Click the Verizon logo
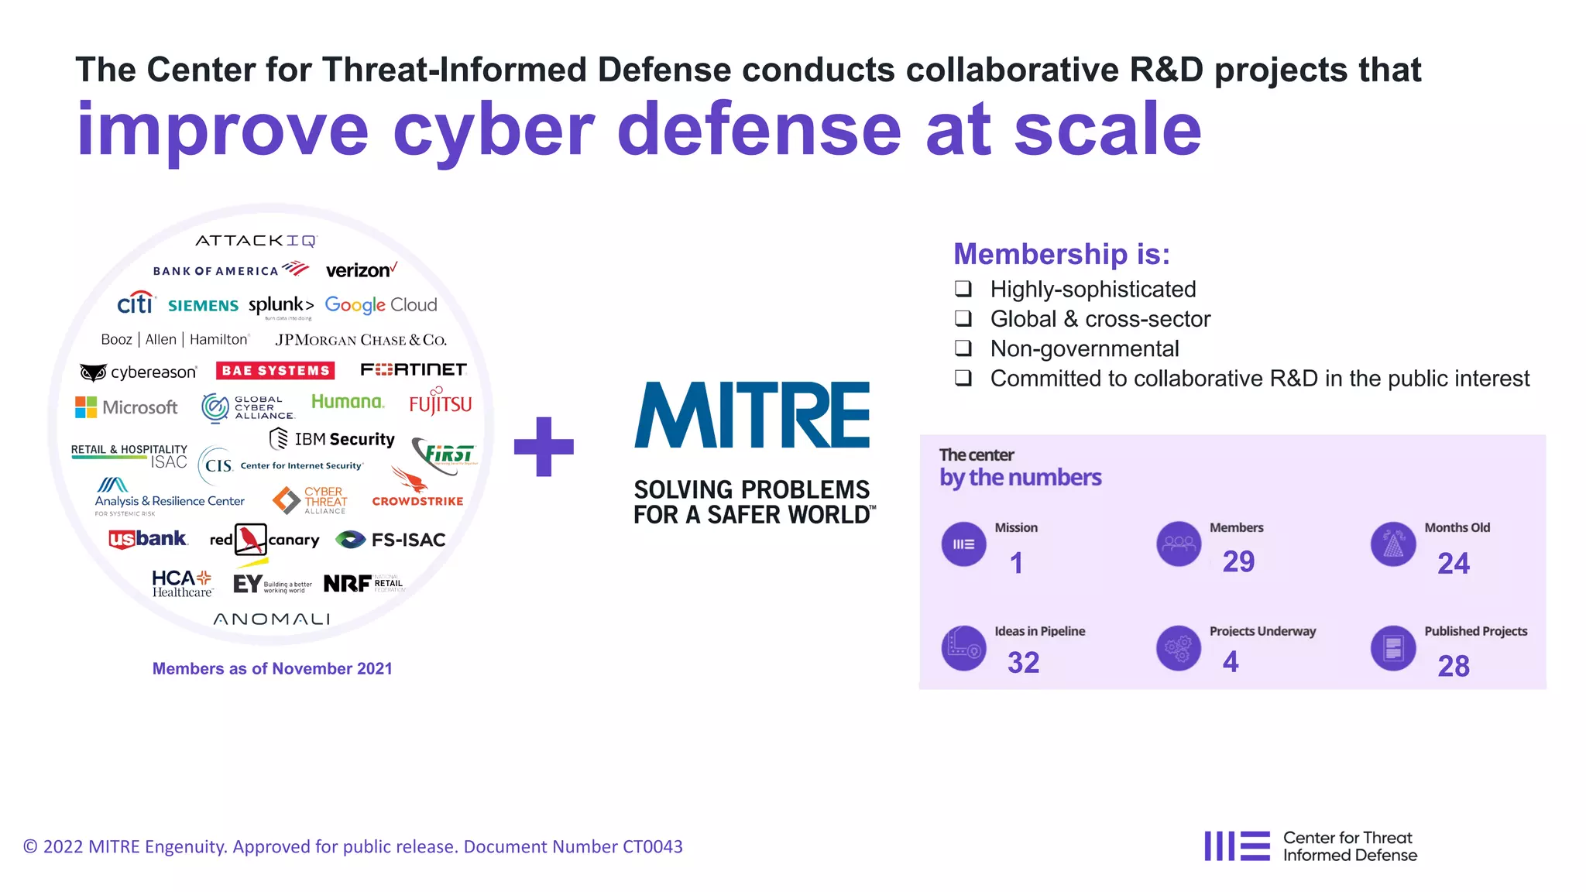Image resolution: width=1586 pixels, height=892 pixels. click(361, 270)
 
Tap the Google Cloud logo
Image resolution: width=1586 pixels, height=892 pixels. click(380, 305)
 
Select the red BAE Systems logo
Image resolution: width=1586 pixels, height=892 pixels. click(275, 371)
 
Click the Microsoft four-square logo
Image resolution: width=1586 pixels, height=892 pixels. click(86, 407)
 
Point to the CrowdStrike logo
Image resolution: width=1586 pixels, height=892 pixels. click(417, 490)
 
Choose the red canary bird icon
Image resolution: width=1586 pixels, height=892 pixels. click(250, 539)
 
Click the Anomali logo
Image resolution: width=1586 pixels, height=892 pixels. click(272, 619)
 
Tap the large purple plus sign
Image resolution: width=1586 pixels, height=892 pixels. click(544, 447)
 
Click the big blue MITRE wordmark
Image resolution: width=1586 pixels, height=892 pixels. click(752, 416)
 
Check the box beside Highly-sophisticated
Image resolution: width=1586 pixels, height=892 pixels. click(963, 289)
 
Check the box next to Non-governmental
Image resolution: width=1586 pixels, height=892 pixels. click(963, 348)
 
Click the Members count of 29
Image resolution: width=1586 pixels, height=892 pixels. click(1238, 561)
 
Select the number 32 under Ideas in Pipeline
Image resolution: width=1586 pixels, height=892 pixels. click(1023, 663)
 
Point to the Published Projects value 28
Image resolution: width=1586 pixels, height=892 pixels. click(1453, 666)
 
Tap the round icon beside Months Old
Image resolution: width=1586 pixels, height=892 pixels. click(1392, 544)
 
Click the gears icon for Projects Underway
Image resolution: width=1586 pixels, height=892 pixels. click(1178, 648)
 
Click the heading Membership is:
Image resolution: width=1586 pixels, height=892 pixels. click(1061, 254)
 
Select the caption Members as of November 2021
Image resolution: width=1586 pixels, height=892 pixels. click(272, 668)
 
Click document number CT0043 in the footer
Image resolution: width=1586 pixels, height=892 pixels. click(652, 847)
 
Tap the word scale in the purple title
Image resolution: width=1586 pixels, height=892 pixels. click(1107, 130)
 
